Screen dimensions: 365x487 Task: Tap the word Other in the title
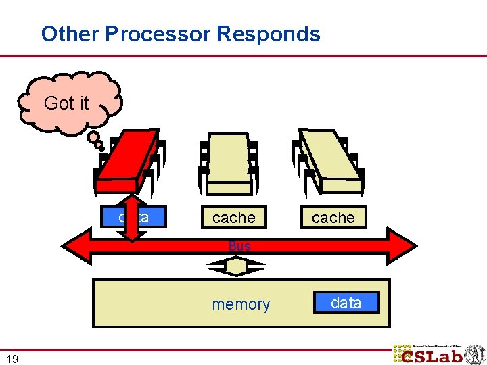[61, 34]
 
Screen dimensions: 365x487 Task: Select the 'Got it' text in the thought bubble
[66, 103]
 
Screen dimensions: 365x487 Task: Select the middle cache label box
[233, 218]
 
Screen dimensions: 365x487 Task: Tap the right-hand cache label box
[333, 218]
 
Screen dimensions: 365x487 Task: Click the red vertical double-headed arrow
[133, 217]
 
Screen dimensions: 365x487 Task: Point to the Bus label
[239, 247]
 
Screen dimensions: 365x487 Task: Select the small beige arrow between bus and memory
[237, 268]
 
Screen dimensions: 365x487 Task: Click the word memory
[241, 305]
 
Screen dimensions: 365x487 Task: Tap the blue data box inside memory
[346, 303]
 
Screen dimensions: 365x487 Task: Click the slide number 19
[12, 359]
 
